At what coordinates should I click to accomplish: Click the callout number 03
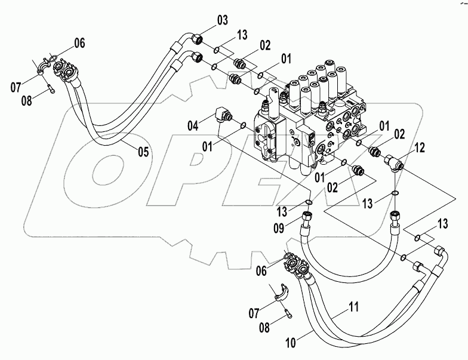(221, 21)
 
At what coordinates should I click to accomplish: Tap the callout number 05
(143, 152)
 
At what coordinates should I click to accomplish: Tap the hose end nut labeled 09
(309, 214)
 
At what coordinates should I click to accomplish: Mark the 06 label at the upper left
(79, 42)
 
